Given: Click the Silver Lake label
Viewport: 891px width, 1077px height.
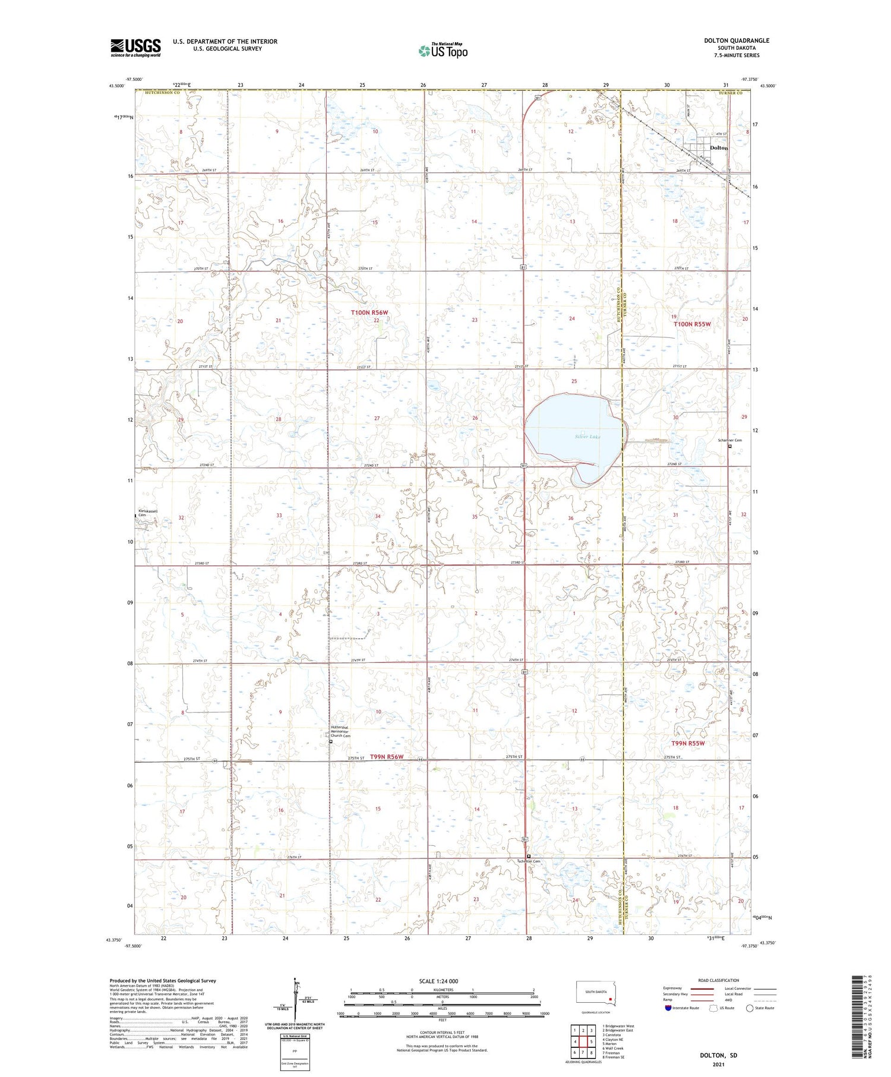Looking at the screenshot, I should click(x=587, y=437).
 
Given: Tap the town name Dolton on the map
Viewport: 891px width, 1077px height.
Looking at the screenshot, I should click(x=719, y=148).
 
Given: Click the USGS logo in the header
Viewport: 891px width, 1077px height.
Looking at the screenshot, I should click(x=135, y=48).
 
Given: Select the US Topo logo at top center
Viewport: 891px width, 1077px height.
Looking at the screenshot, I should click(x=443, y=51).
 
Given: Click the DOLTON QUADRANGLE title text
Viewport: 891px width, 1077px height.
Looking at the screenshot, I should click(x=737, y=40).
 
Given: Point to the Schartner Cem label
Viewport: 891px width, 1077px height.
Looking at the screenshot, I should click(x=730, y=440).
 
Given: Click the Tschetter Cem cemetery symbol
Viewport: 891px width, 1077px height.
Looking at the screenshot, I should click(x=529, y=856).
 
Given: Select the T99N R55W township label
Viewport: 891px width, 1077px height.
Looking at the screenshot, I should click(x=688, y=743).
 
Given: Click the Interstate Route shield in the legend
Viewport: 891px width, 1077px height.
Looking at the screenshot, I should click(x=668, y=1008).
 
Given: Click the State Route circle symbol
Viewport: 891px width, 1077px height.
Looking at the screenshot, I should click(x=750, y=1008).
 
